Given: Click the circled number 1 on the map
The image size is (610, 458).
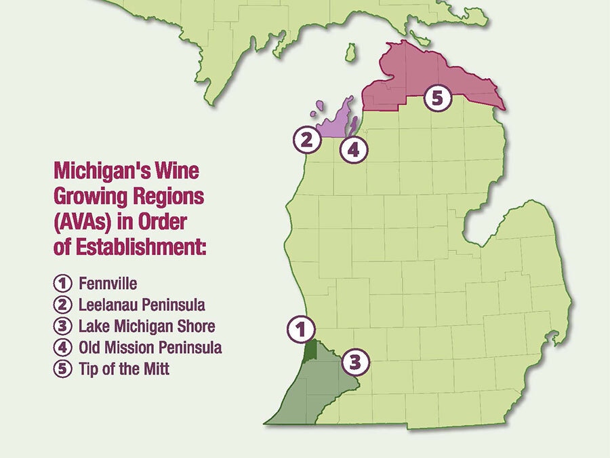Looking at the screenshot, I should click(x=301, y=329).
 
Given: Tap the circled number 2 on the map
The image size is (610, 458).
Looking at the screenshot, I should click(x=306, y=140).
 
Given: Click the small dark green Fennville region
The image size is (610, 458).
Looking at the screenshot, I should click(x=311, y=351).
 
